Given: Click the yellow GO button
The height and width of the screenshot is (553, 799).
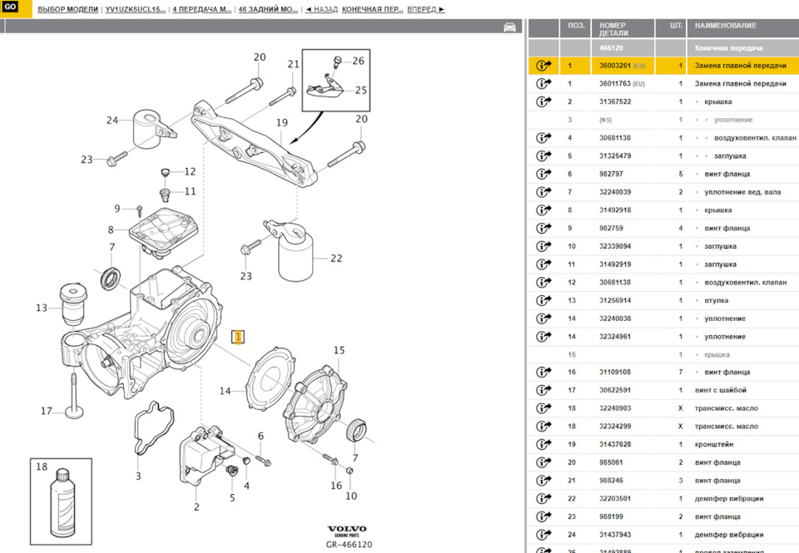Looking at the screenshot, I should (x=11, y=8).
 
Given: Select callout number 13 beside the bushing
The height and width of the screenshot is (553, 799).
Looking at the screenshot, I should (x=42, y=308).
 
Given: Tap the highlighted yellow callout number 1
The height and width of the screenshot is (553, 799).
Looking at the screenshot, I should (x=237, y=337).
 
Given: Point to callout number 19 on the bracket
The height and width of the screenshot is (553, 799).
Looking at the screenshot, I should (x=281, y=122).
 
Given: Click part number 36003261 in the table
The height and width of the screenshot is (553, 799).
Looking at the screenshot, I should (x=617, y=65).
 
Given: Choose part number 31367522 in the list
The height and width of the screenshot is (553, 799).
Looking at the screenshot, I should (x=616, y=101).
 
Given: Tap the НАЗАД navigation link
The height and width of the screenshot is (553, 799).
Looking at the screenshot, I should (x=321, y=9).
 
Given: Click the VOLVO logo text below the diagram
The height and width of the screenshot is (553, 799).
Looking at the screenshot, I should (x=347, y=530).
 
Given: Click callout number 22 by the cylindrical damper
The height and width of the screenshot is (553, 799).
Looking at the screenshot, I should (x=335, y=258).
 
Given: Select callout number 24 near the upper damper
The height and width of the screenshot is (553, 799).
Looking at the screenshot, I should (x=112, y=120).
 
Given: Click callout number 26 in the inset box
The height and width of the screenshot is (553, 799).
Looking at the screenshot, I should (x=358, y=61).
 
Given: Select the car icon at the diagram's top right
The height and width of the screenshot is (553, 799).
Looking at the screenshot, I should (x=509, y=27).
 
